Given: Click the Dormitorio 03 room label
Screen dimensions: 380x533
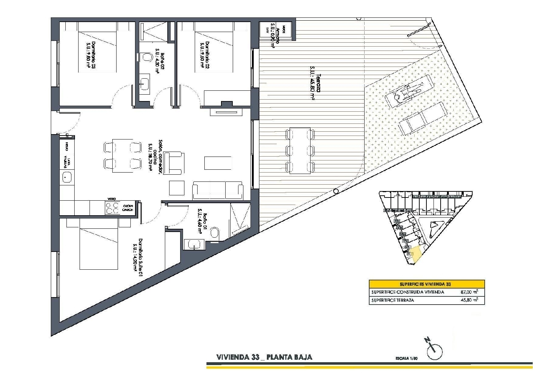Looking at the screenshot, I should (x=91, y=55).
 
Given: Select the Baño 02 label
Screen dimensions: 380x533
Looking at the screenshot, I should (x=160, y=62).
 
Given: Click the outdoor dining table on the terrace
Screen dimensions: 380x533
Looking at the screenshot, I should (x=300, y=151).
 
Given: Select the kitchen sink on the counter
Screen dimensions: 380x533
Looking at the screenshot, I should (x=67, y=177).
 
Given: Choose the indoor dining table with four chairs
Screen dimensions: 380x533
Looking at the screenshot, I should (x=123, y=155).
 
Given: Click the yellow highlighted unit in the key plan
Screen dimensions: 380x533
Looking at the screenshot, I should (x=415, y=254).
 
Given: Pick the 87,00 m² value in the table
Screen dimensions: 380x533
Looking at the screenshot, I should (x=469, y=292).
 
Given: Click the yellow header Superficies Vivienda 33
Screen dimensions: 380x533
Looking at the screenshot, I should (x=426, y=284).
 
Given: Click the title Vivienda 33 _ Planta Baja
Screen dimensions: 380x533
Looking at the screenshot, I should (x=264, y=357).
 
